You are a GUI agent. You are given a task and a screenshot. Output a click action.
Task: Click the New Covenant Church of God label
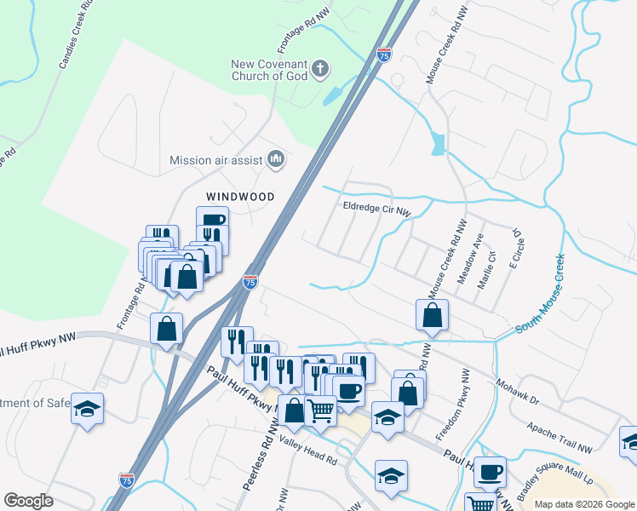point(268,69)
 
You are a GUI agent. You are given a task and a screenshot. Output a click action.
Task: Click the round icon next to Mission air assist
point(276,158)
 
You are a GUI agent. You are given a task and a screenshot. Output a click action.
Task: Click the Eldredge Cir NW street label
point(376,206)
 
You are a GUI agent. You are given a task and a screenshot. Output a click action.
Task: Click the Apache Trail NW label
point(560,436)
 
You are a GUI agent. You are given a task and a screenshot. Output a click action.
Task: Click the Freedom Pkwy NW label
point(451,405)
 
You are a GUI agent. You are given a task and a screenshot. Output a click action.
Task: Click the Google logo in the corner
point(29,501)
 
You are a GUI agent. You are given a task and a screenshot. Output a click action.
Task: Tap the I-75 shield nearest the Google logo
point(126,480)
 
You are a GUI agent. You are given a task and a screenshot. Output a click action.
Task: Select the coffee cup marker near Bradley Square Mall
point(490,471)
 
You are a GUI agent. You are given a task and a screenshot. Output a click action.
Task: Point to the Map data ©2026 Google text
point(582,504)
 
